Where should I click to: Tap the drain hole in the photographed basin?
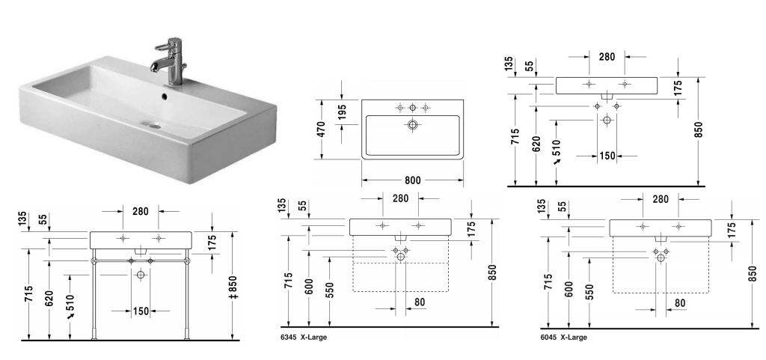click(153, 126)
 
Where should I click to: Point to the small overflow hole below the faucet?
click(167, 94)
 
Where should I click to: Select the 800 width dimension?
click(411, 180)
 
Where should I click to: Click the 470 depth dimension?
click(322, 129)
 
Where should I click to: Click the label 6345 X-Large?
click(304, 338)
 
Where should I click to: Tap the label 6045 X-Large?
click(563, 338)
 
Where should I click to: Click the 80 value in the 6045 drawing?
click(679, 303)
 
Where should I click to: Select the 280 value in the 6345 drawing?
click(399, 198)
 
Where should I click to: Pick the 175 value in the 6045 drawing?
click(732, 229)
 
